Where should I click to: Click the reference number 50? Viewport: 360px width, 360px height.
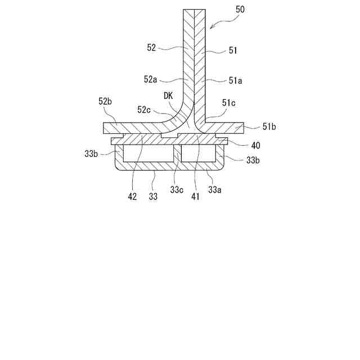tap(241, 10)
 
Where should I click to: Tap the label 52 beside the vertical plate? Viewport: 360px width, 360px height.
tap(151, 48)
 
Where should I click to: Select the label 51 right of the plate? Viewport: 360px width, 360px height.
tap(233, 50)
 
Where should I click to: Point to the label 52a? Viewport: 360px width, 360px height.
tap(150, 79)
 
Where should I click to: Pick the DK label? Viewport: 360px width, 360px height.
tap(168, 96)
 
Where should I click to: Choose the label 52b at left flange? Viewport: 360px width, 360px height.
tap(106, 102)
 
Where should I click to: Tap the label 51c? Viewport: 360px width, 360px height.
tap(228, 103)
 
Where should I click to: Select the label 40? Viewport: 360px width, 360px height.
tap(256, 145)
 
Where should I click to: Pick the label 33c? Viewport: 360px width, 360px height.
tap(175, 190)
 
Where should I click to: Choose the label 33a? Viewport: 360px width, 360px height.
tap(214, 190)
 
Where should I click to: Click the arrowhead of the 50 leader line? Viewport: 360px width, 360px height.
tap(210, 28)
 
